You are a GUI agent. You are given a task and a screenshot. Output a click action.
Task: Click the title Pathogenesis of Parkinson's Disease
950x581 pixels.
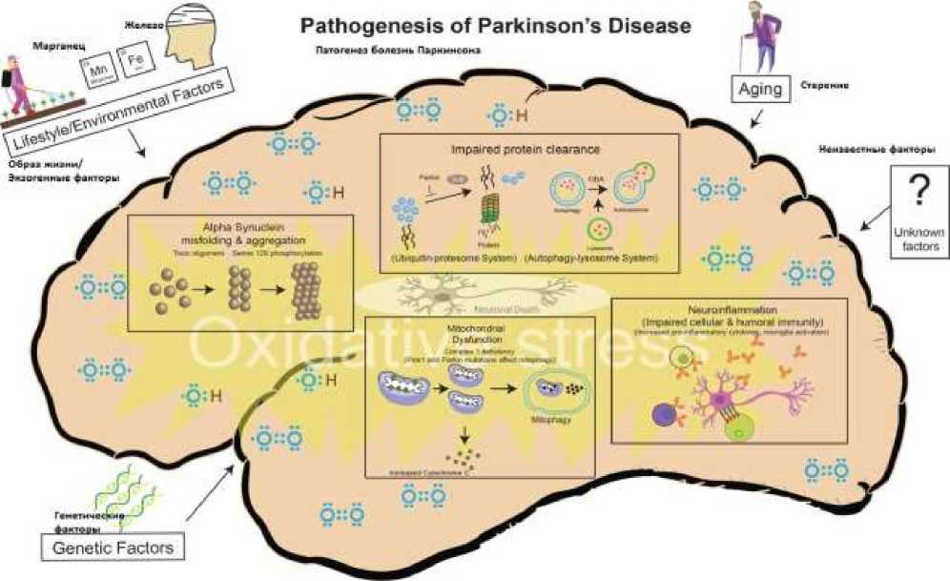[495, 25]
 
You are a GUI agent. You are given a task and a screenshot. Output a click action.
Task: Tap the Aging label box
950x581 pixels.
[760, 90]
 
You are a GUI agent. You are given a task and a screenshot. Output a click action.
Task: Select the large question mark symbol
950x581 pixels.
[917, 192]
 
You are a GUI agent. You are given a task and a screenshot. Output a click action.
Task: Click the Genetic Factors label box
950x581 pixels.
[114, 548]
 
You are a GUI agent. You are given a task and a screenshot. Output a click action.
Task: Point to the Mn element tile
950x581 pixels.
[96, 68]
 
